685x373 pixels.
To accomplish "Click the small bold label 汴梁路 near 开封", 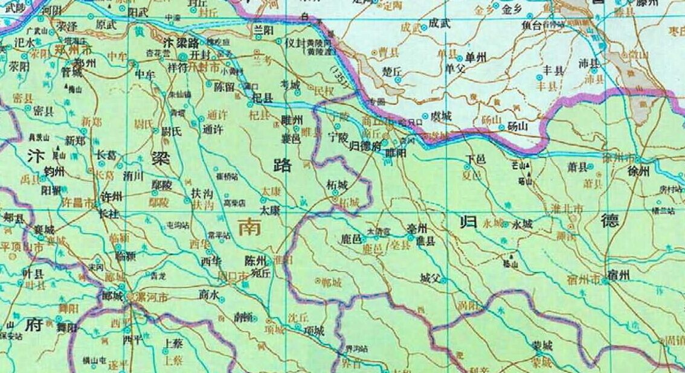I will click(x=181, y=43).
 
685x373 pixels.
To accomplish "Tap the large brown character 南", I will click(x=249, y=227).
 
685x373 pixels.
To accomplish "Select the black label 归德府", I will click(x=365, y=145).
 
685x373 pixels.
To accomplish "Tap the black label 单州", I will click(x=477, y=57).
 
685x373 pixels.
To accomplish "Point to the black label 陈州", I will click(x=255, y=261).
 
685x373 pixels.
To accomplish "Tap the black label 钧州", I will click(x=53, y=172).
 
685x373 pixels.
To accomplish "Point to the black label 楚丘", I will click(x=392, y=71).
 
